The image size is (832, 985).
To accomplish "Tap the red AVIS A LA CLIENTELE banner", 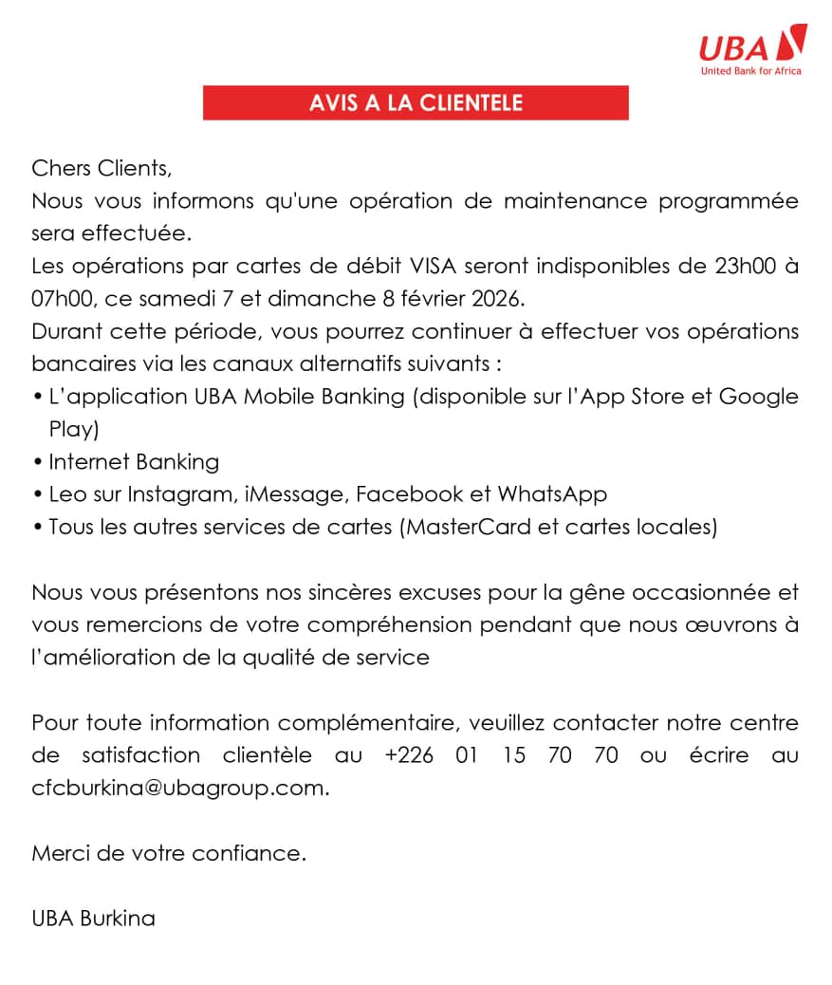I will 416,102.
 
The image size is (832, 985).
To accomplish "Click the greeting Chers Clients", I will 102,169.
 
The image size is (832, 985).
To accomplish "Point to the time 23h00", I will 747,267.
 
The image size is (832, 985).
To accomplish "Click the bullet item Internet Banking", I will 134,462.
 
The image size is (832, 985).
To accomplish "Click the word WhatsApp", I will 552,494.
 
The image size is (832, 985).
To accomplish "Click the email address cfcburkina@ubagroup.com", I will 180,788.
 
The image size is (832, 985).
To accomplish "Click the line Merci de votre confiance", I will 169,853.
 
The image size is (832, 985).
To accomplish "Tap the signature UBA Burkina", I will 93,919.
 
